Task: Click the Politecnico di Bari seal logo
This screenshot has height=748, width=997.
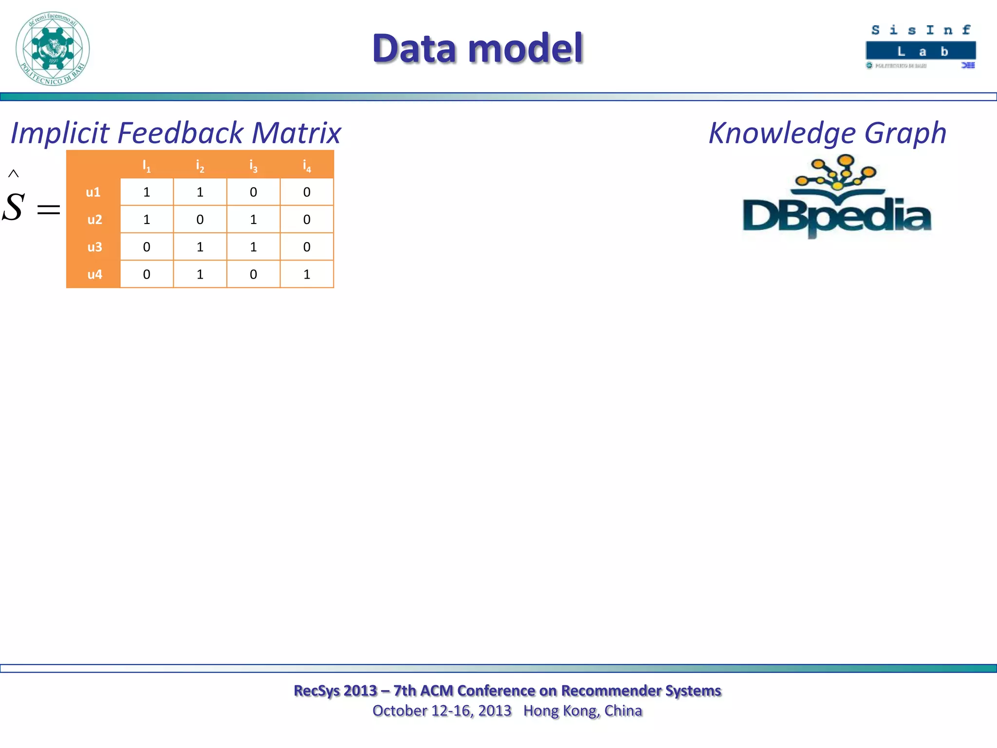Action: point(53,49)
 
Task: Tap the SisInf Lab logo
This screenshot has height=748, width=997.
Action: point(921,47)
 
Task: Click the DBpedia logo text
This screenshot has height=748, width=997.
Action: point(836,216)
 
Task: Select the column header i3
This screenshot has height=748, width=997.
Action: point(253,166)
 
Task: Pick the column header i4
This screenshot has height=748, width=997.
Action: point(307,166)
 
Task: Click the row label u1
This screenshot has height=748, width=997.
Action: point(93,192)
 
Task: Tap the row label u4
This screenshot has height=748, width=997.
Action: point(94,274)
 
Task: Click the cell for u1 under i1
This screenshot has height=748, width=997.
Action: point(147,192)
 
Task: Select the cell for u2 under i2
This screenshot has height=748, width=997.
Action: point(200,220)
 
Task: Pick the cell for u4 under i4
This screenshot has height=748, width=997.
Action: point(307,274)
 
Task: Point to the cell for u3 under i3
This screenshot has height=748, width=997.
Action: point(253,247)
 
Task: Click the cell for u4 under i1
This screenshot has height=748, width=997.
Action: point(147,274)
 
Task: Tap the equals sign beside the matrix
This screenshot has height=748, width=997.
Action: point(49,210)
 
